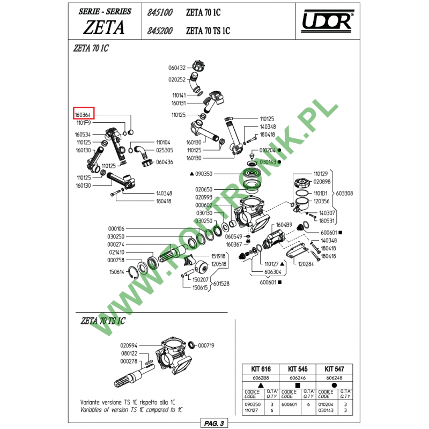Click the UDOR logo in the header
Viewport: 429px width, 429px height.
click(x=326, y=21)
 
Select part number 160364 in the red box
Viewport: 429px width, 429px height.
click(x=84, y=115)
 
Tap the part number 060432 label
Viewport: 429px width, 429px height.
click(x=176, y=68)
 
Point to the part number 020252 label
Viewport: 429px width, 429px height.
click(x=176, y=79)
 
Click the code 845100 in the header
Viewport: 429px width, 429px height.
click(x=159, y=11)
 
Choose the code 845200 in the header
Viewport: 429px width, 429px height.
click(x=159, y=31)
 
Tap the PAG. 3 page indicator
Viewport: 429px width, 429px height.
click(x=213, y=423)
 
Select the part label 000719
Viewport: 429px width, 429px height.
click(x=206, y=345)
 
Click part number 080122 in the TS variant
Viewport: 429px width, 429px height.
click(x=129, y=353)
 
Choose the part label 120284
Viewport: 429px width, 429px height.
click(x=306, y=264)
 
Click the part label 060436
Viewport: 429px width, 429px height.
click(x=164, y=162)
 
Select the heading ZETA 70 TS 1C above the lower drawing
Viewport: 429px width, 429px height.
click(x=102, y=321)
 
